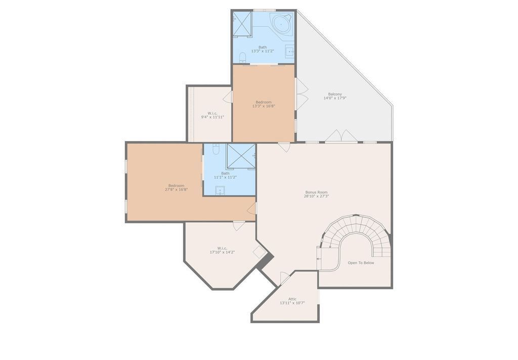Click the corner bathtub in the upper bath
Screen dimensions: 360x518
tap(281, 24)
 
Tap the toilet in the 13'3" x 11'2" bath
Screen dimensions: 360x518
tap(243, 56)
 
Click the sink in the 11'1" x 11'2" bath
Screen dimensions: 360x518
tap(220, 190)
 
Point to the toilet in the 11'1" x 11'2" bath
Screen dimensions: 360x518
tap(216, 149)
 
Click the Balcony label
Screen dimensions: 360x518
tap(335, 94)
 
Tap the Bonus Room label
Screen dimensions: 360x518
tap(317, 192)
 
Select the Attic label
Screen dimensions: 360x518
tap(292, 299)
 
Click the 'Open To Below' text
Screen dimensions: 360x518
tap(361, 262)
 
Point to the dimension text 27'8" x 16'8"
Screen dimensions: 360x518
tap(176, 190)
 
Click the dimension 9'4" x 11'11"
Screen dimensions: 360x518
tap(212, 117)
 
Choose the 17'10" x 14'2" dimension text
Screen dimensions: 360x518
tap(222, 252)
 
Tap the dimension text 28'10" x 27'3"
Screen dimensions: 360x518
tap(317, 196)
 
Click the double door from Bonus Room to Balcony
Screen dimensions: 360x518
tap(342, 137)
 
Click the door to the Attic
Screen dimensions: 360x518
tap(284, 278)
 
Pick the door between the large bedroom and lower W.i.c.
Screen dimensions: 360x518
tap(239, 226)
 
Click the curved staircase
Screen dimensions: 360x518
tap(356, 230)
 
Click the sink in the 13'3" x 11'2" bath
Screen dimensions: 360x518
tap(290, 51)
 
